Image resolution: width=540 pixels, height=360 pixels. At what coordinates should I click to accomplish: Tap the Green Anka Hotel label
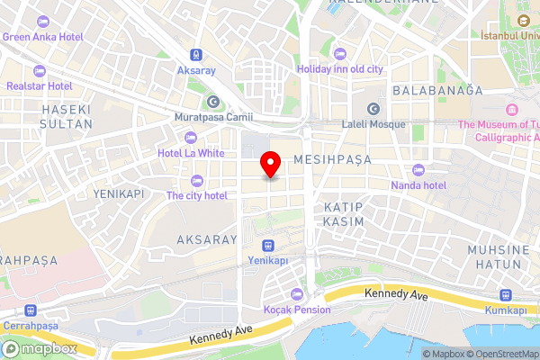pyautogui.click(x=43, y=37)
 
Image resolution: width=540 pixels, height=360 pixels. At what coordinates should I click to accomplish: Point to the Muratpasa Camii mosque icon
pyautogui.click(x=213, y=101)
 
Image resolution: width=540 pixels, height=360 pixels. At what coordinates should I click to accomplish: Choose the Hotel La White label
pyautogui.click(x=191, y=152)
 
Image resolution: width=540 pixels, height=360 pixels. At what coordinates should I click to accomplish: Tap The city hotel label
pyautogui.click(x=196, y=195)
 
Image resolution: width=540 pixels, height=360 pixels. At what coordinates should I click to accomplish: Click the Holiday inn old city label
pyautogui.click(x=340, y=68)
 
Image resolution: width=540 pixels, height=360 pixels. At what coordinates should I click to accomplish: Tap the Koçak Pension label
pyautogui.click(x=297, y=310)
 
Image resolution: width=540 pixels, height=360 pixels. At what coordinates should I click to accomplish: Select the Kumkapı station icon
pyautogui.click(x=506, y=295)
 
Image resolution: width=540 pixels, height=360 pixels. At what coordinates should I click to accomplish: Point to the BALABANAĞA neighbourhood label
pyautogui.click(x=437, y=91)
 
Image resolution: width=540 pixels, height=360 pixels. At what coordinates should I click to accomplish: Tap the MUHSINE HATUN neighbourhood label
pyautogui.click(x=494, y=256)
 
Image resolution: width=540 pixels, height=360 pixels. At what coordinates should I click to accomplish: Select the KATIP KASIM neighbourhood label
pyautogui.click(x=343, y=213)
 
